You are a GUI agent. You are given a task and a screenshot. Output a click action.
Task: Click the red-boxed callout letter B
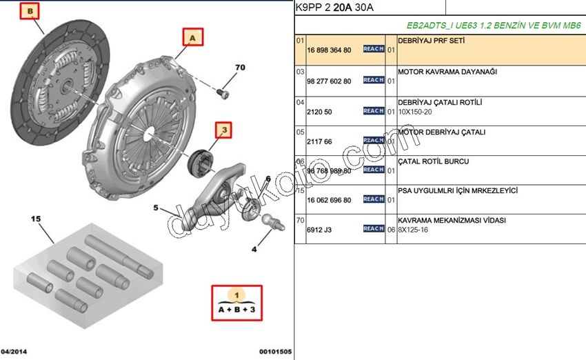tap(30, 11)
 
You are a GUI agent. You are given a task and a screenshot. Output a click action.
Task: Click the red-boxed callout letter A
tap(193, 37)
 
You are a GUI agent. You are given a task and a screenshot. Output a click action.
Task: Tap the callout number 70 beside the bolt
tap(240, 68)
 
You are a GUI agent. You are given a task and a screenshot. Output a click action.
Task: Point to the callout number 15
tap(37, 219)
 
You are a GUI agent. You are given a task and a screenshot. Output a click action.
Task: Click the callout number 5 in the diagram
tap(156, 208)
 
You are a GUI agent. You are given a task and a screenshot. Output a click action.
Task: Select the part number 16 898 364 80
tap(329, 50)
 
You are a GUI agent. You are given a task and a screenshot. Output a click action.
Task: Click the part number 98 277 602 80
tap(329, 81)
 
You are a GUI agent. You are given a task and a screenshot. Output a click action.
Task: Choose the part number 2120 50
tap(319, 112)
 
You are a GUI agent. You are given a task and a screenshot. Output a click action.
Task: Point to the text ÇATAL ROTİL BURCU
tap(434, 161)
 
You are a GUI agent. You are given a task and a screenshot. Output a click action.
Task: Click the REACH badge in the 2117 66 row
tap(373, 141)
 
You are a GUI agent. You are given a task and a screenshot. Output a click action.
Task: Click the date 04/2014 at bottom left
tap(15, 351)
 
